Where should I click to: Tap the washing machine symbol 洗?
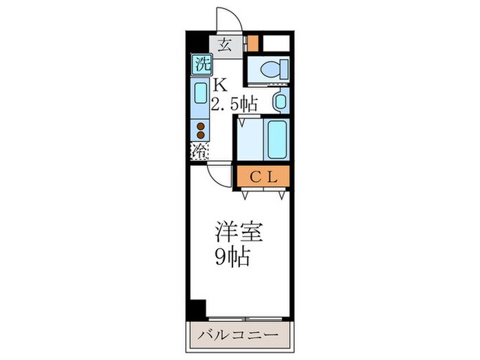point(200,66)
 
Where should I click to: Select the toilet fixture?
point(272,69)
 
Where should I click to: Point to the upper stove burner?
point(201,125)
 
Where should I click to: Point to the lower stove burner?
point(201,136)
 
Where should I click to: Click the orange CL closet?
point(264,176)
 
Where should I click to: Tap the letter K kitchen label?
point(219,86)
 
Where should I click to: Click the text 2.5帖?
point(235,104)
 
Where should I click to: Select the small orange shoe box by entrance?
point(253,43)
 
